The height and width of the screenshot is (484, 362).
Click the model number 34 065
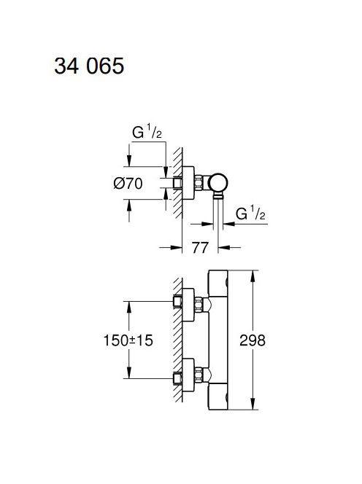click(89, 66)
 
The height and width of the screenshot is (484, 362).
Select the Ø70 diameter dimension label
click(128, 184)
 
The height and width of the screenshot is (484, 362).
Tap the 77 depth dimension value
click(200, 248)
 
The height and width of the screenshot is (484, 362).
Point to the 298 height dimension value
click(253, 340)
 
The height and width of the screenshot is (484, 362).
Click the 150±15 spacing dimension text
click(128, 340)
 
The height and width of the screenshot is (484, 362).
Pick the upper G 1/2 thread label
click(147, 133)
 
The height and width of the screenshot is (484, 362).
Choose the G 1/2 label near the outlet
click(250, 214)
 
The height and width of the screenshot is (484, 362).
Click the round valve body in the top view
click(218, 183)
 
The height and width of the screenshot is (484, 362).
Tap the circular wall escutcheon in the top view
click(188, 183)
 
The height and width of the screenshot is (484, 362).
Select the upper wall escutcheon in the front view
click(188, 305)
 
